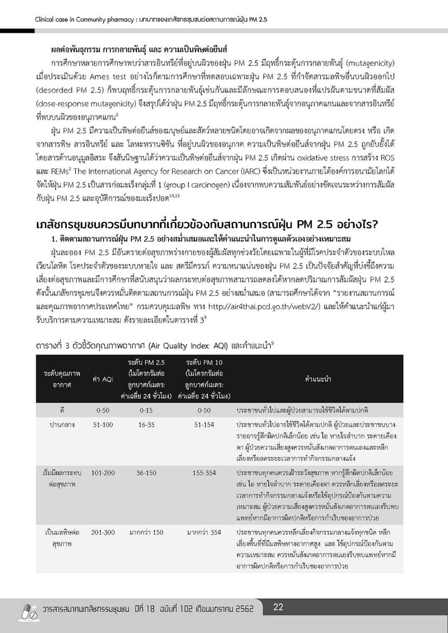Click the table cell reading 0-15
[146, 410]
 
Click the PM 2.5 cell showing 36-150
[146, 473]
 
